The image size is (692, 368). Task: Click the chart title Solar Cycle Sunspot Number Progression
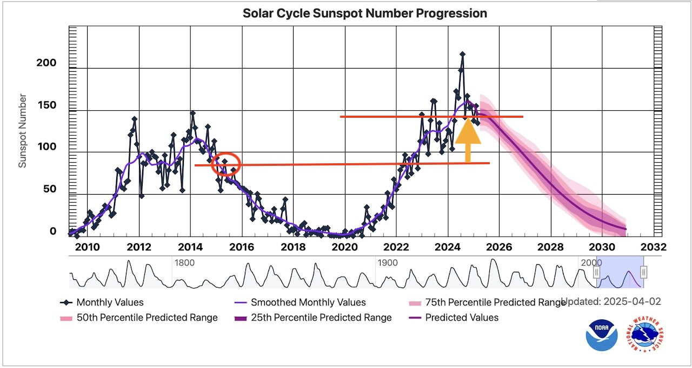click(x=365, y=13)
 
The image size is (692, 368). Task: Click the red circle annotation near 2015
click(x=226, y=164)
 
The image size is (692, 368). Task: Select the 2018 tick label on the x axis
click(x=293, y=247)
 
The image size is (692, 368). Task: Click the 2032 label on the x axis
click(x=653, y=247)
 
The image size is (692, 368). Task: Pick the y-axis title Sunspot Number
click(x=23, y=131)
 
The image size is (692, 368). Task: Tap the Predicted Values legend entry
click(x=462, y=318)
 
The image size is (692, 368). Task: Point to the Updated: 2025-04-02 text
click(x=611, y=302)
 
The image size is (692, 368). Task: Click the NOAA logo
click(x=601, y=336)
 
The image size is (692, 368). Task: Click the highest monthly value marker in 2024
click(x=462, y=54)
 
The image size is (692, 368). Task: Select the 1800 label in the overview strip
click(x=185, y=263)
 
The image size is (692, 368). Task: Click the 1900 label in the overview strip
click(x=387, y=263)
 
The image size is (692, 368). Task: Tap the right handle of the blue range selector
click(x=644, y=272)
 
